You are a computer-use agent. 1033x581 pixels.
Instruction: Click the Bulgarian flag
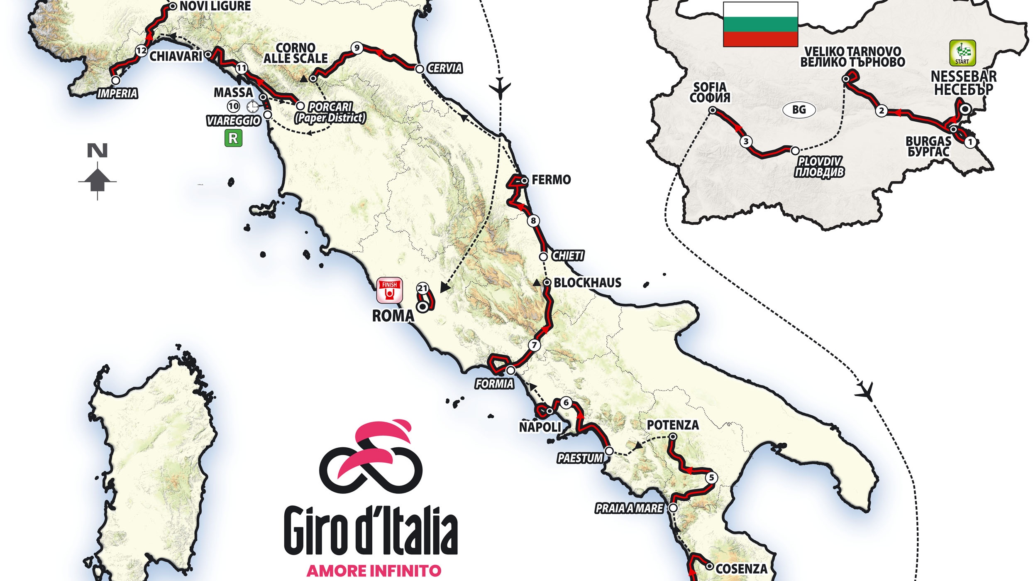click(760, 25)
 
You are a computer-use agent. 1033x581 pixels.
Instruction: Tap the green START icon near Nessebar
click(962, 53)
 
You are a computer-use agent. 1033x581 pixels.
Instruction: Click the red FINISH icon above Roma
click(389, 290)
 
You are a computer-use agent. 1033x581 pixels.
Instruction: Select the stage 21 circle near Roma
click(422, 288)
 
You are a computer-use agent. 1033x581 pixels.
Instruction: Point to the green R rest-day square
click(233, 138)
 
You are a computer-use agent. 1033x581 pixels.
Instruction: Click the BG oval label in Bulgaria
click(799, 110)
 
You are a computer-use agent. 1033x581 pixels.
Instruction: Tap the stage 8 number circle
click(533, 221)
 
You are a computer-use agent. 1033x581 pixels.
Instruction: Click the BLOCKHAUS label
click(587, 283)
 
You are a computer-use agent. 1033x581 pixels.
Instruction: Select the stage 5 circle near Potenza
click(711, 478)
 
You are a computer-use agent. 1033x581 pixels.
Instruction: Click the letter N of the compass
click(97, 150)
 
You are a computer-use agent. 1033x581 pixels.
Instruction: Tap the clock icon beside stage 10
click(252, 107)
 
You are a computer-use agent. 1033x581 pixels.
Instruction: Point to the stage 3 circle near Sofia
click(746, 142)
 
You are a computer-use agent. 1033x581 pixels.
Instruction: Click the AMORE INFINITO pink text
click(374, 571)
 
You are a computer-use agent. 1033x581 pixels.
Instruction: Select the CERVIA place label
click(444, 68)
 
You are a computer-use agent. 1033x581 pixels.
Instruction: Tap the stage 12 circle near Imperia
click(141, 51)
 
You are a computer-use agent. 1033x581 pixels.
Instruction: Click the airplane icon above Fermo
click(500, 88)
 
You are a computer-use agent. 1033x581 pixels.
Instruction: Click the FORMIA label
click(494, 384)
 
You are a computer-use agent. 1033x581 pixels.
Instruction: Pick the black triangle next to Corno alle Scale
click(304, 78)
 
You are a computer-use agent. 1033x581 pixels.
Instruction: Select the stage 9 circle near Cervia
click(357, 48)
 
